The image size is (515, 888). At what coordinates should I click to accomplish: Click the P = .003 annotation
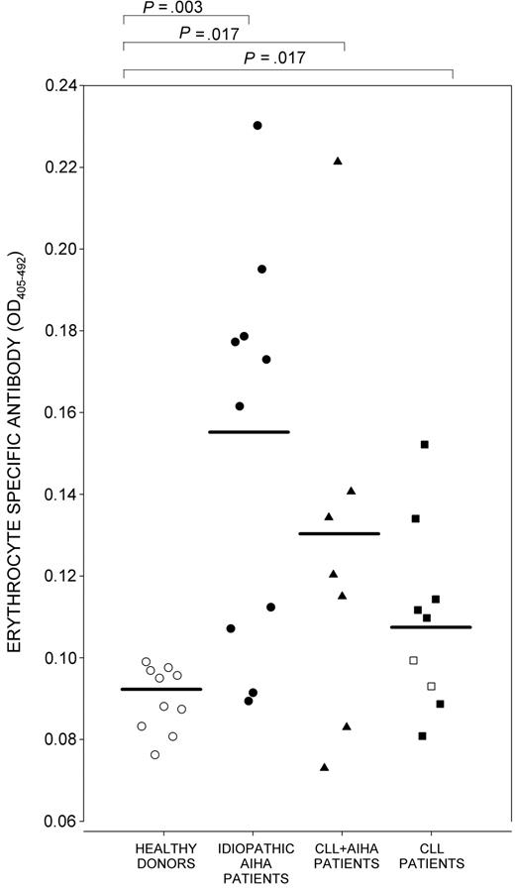click(x=186, y=7)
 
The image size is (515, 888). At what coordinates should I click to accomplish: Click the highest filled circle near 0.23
click(x=257, y=126)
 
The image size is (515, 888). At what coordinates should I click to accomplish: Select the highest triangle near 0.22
click(x=338, y=161)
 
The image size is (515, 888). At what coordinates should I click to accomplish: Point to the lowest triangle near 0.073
click(x=324, y=767)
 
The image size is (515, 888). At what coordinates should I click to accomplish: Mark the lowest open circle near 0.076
click(x=155, y=755)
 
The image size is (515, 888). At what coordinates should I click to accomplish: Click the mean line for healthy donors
click(x=161, y=689)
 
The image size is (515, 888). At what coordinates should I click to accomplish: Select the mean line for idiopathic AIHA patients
click(x=249, y=432)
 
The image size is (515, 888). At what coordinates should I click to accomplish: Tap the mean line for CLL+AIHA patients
click(x=339, y=534)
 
